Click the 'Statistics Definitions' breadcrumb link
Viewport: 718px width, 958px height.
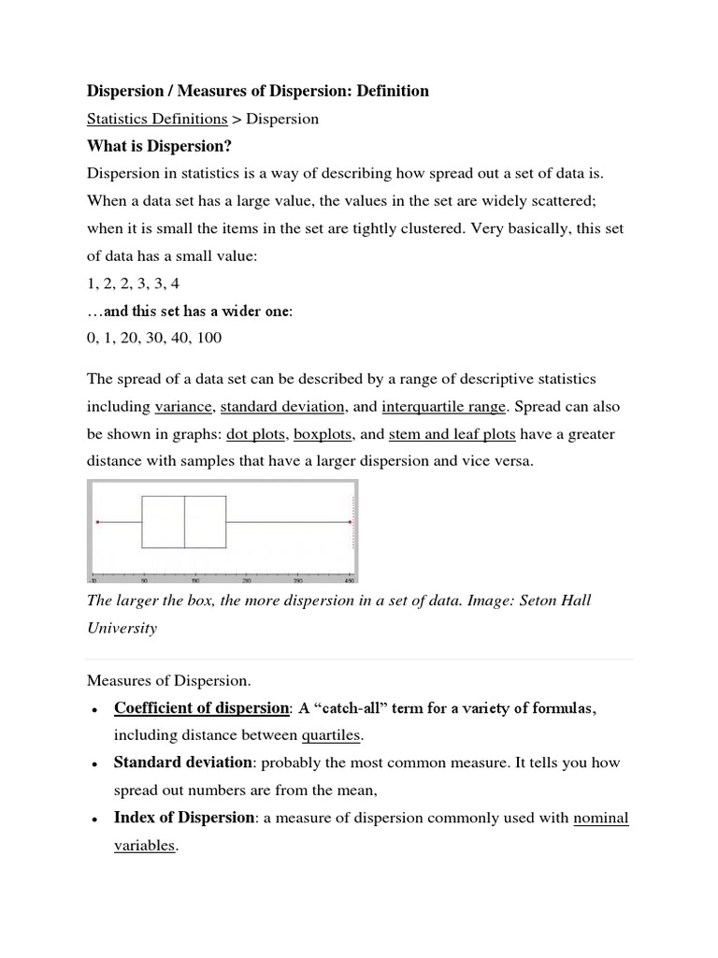(x=157, y=119)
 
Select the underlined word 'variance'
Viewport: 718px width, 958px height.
(x=184, y=407)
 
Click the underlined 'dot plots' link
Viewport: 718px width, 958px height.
(x=256, y=434)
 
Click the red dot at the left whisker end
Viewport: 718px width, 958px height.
(x=97, y=521)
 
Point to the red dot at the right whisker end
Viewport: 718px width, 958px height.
(x=351, y=521)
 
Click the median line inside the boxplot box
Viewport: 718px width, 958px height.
(x=184, y=521)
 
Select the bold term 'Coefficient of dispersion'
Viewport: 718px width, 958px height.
(x=201, y=708)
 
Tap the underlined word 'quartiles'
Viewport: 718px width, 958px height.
(x=330, y=735)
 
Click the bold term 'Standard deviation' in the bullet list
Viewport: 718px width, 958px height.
(x=182, y=762)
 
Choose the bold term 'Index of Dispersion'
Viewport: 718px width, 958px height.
(x=183, y=818)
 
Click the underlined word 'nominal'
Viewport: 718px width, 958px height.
(x=600, y=819)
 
